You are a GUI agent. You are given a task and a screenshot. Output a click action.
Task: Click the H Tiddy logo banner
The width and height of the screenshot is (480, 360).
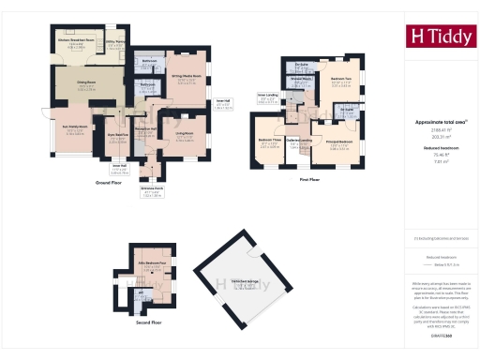439,37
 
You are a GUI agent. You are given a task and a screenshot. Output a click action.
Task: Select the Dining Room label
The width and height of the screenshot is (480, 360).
87,85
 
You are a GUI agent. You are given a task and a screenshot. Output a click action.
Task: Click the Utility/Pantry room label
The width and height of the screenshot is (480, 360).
115,42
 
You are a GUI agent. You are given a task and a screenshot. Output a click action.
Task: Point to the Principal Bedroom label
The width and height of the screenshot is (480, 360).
337,142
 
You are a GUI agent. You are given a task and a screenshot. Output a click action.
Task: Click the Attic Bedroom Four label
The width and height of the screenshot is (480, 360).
151,263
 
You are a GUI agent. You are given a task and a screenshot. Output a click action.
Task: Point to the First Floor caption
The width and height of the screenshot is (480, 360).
311,179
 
